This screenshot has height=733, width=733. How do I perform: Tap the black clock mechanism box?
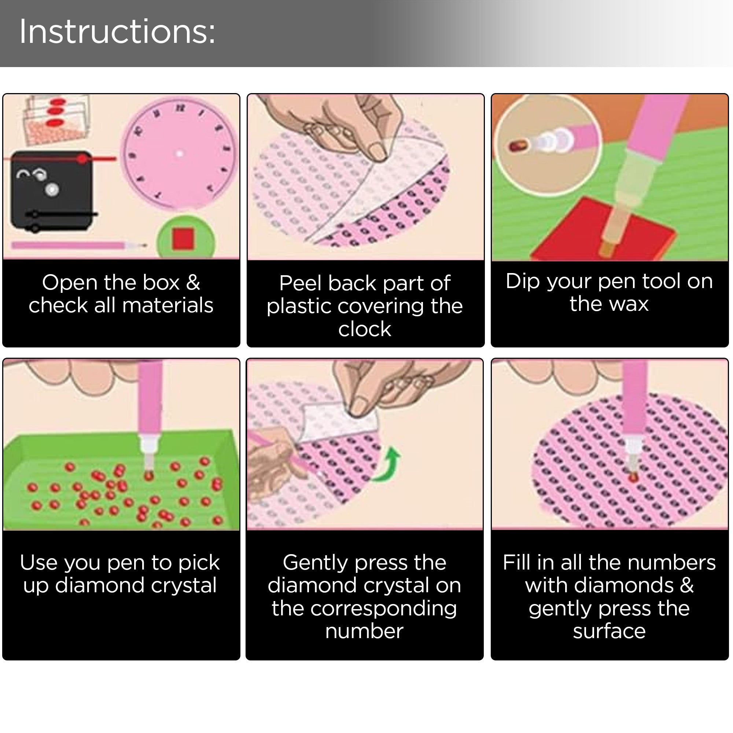point(51,191)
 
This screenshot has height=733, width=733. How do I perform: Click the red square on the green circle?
point(184,239)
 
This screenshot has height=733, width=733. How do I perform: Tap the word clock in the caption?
point(365,329)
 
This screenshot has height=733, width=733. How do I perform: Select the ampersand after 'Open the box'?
point(193,282)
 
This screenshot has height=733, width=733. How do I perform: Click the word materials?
point(168,305)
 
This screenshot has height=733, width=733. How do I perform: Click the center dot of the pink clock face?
point(180,154)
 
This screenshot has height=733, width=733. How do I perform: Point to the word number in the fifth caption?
point(364,631)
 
